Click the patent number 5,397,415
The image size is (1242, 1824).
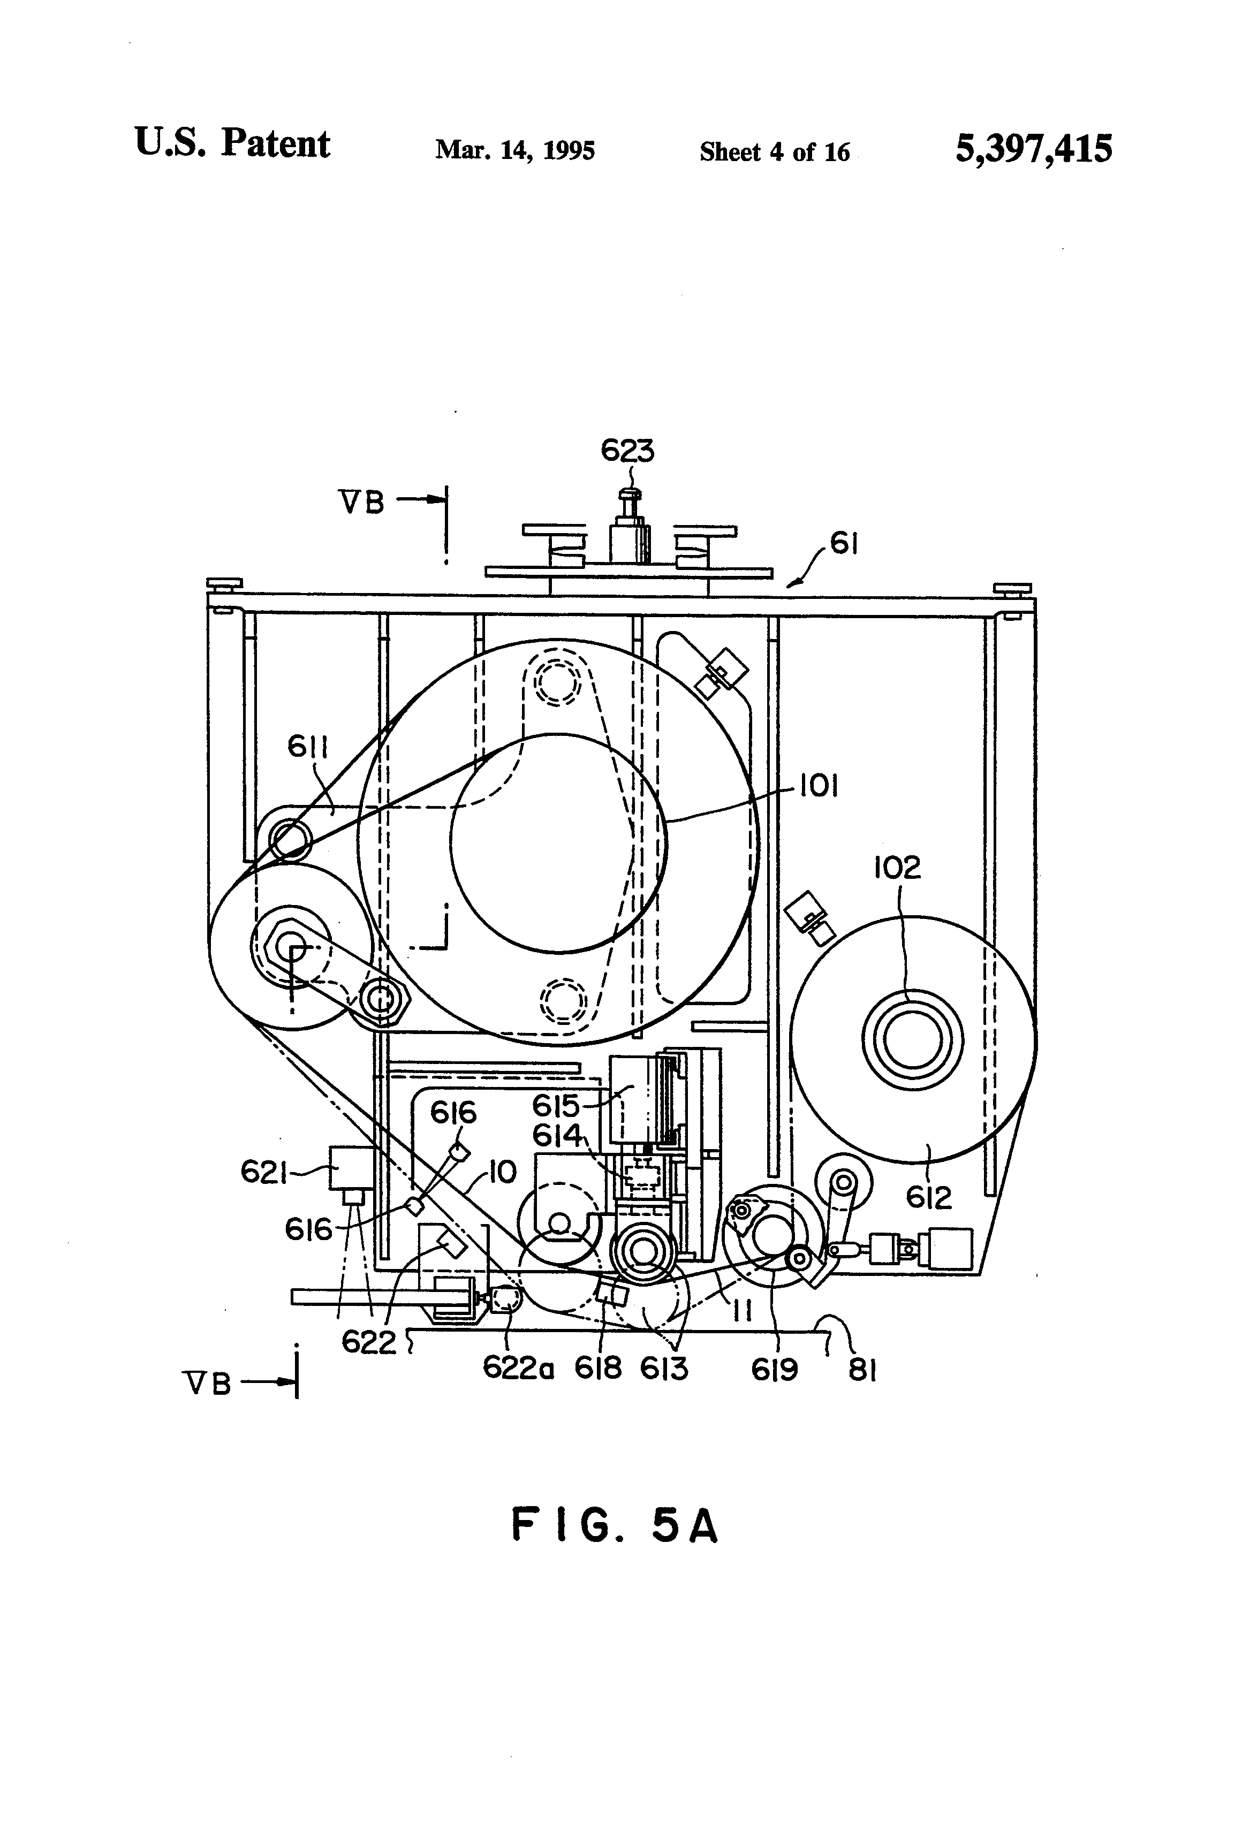point(1033,148)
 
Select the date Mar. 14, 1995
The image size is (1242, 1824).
point(515,150)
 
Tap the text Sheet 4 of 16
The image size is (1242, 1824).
point(774,151)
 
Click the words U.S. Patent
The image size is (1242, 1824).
point(232,143)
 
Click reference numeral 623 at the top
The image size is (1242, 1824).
point(627,451)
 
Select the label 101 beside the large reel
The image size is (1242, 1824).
point(819,786)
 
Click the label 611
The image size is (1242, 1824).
point(308,747)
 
